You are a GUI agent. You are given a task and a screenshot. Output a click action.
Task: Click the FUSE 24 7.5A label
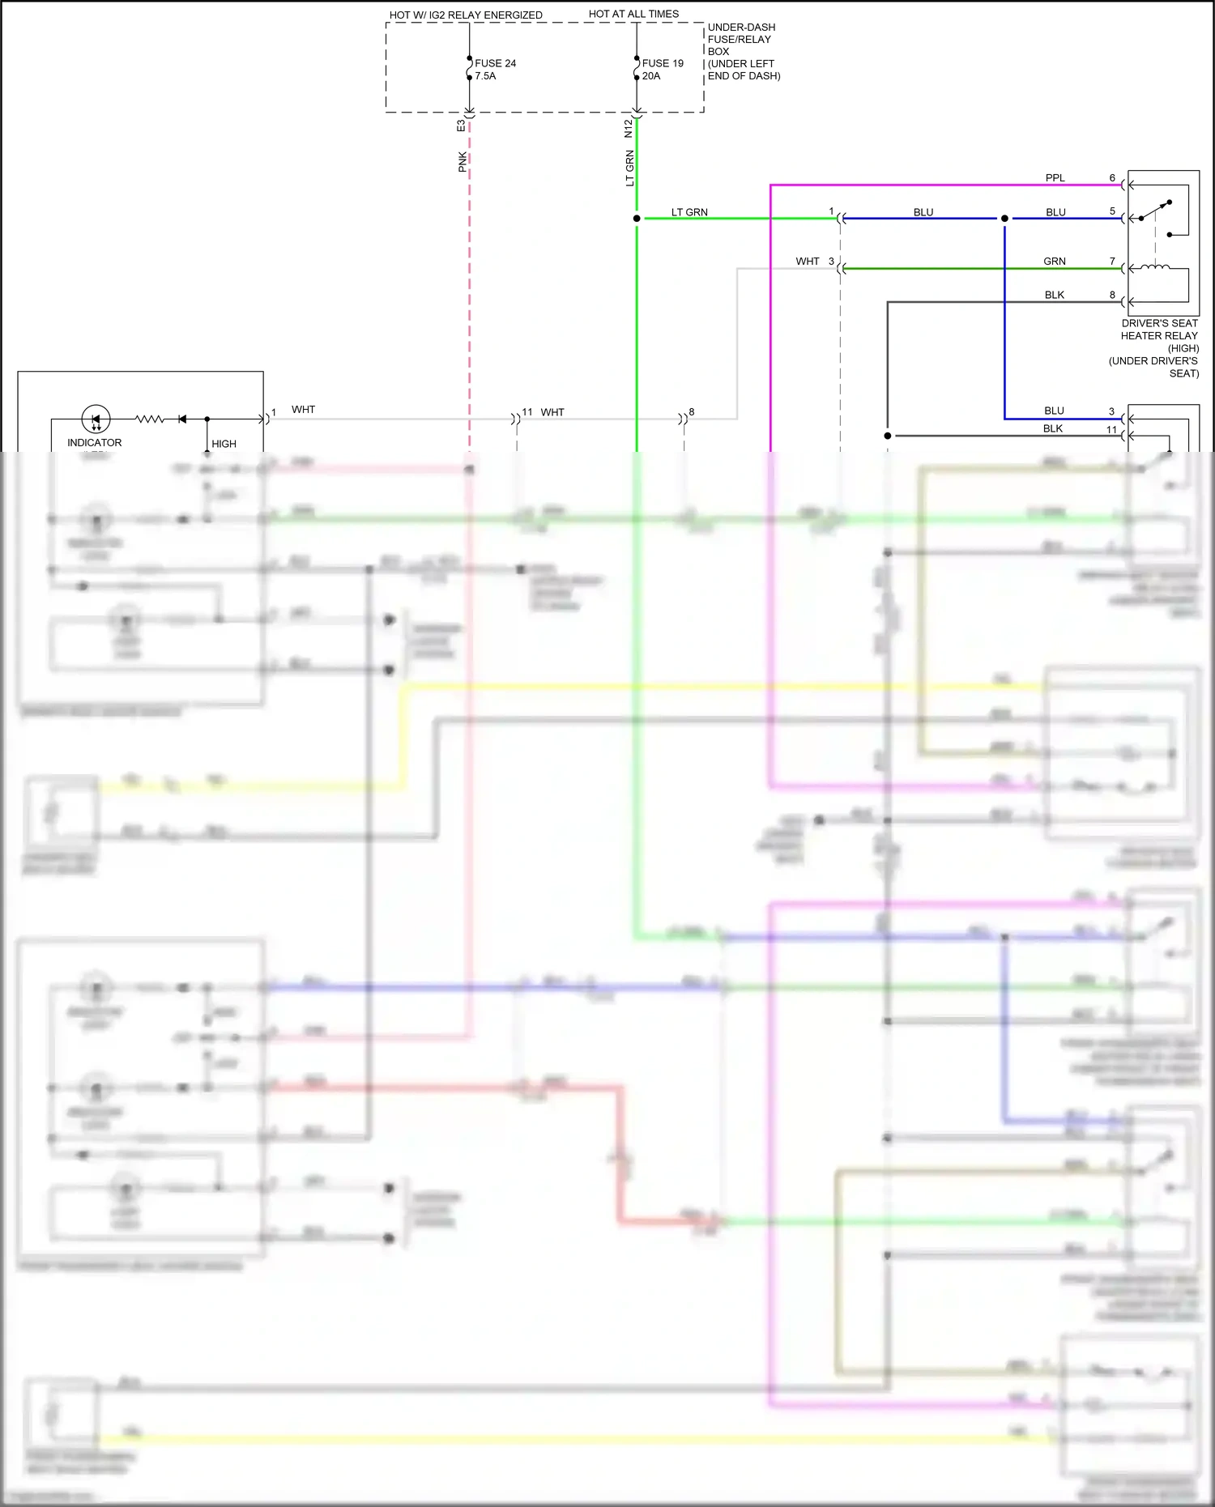click(495, 70)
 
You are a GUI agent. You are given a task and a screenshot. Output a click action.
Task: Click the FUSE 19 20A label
click(662, 70)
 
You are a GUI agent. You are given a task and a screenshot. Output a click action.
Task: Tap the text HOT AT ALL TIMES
click(633, 14)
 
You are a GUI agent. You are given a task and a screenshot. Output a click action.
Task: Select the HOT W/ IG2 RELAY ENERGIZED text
click(466, 15)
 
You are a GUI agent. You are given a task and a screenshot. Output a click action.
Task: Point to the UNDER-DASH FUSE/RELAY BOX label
click(741, 40)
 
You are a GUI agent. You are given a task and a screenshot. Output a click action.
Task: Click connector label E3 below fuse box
click(461, 126)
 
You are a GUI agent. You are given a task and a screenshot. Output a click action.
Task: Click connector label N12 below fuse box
click(629, 128)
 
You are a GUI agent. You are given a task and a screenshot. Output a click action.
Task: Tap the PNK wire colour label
click(463, 162)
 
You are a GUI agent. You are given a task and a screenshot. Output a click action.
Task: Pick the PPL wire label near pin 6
click(1055, 178)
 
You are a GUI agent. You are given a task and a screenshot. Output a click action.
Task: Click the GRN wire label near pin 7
click(1054, 262)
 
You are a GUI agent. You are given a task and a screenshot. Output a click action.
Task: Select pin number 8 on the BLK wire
click(1112, 296)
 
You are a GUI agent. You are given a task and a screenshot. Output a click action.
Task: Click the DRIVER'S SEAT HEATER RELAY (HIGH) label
click(1158, 335)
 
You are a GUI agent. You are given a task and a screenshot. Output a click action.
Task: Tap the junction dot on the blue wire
click(1004, 219)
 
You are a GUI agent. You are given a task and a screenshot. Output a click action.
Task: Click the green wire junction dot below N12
click(637, 219)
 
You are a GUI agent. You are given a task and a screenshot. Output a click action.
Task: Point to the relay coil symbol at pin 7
click(1155, 266)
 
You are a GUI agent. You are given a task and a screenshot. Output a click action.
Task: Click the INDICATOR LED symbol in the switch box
click(96, 419)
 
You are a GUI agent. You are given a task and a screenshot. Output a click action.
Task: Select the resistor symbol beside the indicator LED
click(150, 419)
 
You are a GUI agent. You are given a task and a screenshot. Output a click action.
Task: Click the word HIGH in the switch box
click(224, 444)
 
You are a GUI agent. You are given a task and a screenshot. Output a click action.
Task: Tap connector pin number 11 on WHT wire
click(527, 412)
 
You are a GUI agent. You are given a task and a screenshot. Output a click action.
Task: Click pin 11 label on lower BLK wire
click(1111, 430)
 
